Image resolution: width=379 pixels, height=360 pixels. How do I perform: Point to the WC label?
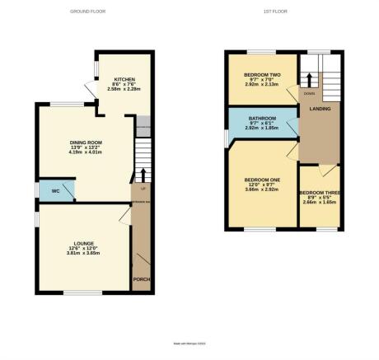point(55,190)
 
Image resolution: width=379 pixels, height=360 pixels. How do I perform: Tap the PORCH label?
point(141,278)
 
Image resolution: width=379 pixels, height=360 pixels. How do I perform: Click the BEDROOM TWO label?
point(263,75)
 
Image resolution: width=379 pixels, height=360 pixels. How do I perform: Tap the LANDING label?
point(320,109)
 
